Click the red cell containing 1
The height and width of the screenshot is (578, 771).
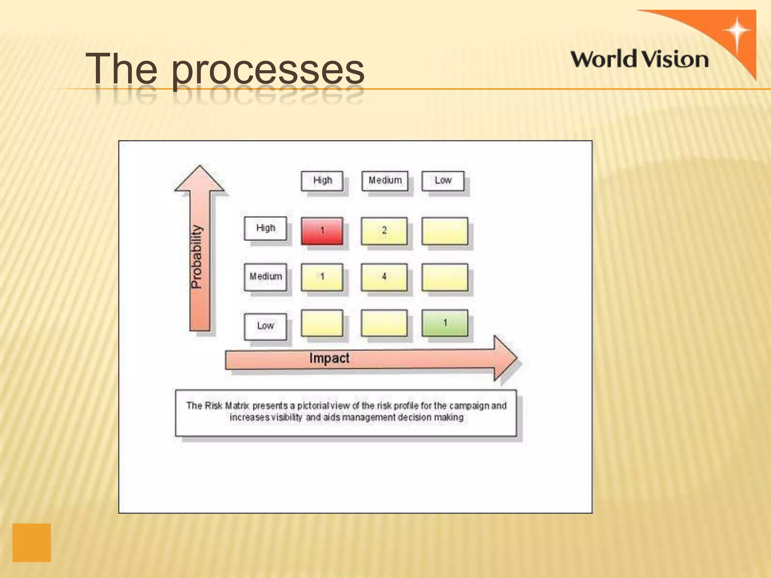(x=322, y=231)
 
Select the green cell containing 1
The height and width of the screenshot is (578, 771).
(x=445, y=323)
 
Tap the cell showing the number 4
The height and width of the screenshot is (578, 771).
(x=384, y=277)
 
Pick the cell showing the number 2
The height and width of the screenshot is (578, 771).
(x=384, y=231)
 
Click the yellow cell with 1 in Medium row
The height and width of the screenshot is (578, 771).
(x=322, y=277)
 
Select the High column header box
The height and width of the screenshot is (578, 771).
(x=322, y=181)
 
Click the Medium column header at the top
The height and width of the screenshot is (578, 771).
(x=385, y=181)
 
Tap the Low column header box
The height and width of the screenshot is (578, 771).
(x=443, y=181)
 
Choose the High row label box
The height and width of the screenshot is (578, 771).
(x=265, y=228)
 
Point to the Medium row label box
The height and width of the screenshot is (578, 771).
(x=265, y=277)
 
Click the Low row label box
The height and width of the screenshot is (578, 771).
(x=265, y=326)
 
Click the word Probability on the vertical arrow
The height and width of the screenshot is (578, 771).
(x=197, y=257)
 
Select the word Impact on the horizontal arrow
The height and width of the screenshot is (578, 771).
(x=329, y=358)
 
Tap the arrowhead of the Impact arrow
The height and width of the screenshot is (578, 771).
(x=504, y=358)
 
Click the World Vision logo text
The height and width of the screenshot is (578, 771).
(x=639, y=60)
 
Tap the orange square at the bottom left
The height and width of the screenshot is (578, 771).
(x=32, y=542)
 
